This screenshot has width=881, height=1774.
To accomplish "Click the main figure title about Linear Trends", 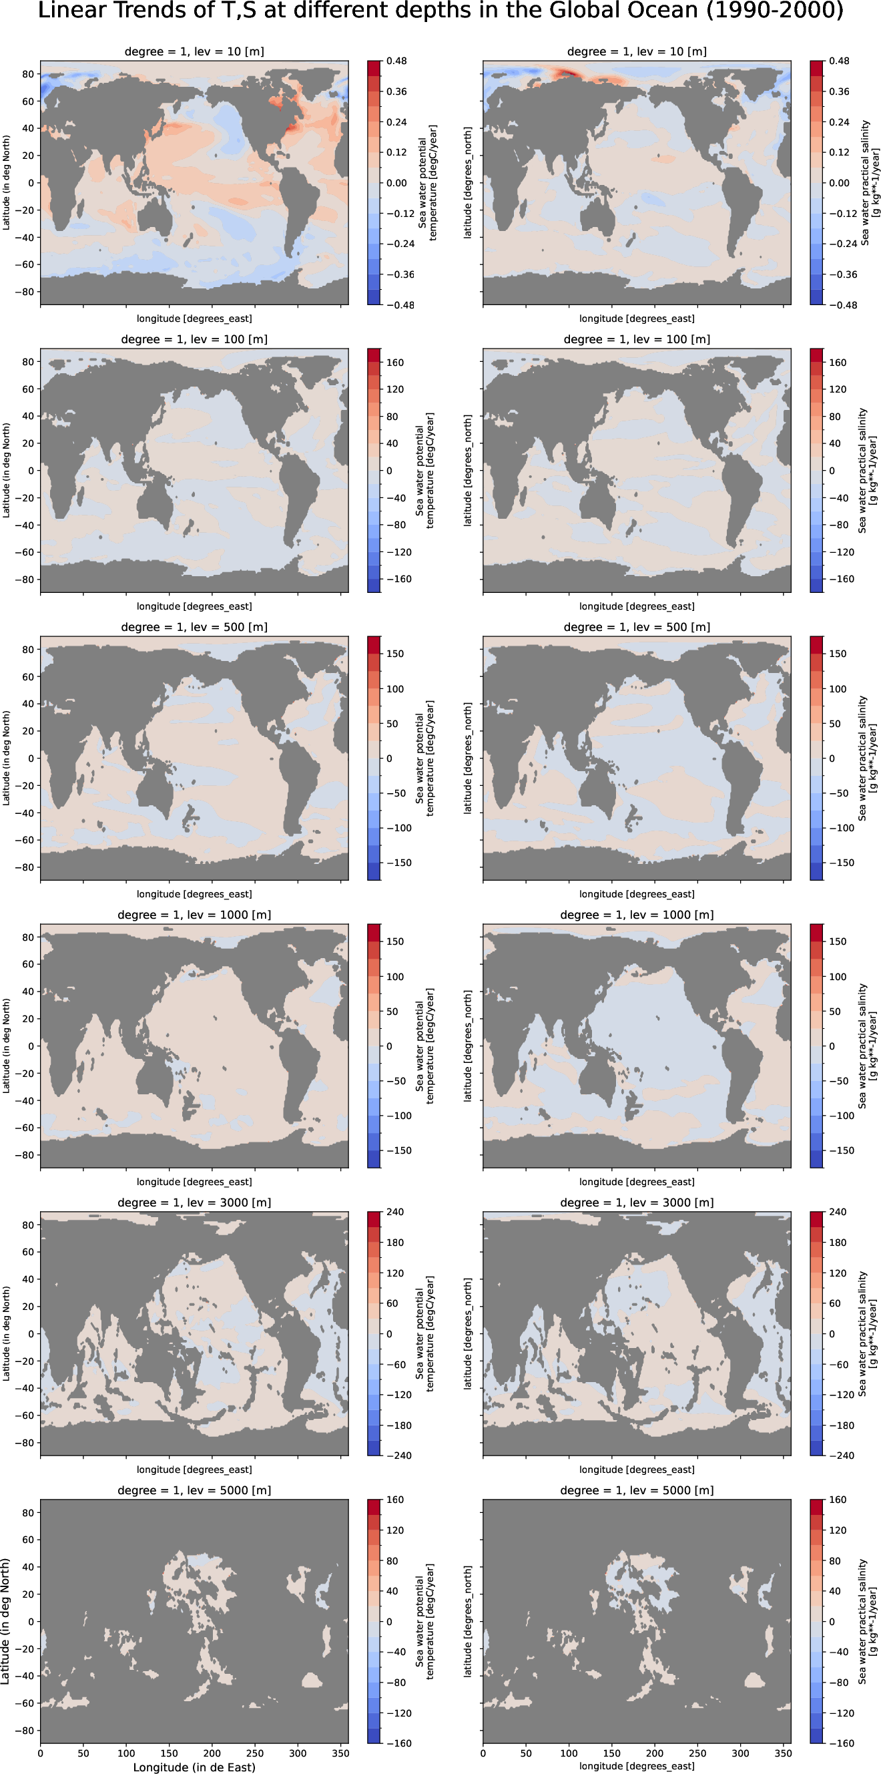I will pos(441,12).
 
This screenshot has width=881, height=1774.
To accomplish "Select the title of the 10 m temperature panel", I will pos(194,51).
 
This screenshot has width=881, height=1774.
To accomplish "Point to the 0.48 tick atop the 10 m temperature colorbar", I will pos(396,61).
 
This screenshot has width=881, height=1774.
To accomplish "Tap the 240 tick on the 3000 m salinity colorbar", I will pos(838,1212).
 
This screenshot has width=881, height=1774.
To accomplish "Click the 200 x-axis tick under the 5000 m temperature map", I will pos(212,1753).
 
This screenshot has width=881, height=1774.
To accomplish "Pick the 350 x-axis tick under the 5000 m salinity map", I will pos(784,1753).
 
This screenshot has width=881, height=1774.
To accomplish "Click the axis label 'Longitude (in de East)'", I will pos(194,1767).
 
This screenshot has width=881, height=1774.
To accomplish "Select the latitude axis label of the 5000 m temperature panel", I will pos(6,1621).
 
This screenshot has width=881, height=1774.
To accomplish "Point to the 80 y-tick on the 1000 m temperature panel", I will pos(27,937).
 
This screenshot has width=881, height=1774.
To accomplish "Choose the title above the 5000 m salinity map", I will pos(637,1490).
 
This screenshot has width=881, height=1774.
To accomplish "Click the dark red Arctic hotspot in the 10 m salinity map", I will pos(568,73).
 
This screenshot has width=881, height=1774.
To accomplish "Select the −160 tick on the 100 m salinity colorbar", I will pos(838,579).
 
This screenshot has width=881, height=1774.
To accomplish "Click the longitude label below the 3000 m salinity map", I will pos(637,1470).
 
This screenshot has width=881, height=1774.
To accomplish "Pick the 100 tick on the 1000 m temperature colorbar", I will pos(395,977).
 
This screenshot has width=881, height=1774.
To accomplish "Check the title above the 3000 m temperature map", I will pos(194,1202).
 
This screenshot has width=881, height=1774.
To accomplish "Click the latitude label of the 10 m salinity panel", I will pos(468,182).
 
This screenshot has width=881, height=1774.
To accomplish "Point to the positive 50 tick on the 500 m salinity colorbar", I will pos(835,724).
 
